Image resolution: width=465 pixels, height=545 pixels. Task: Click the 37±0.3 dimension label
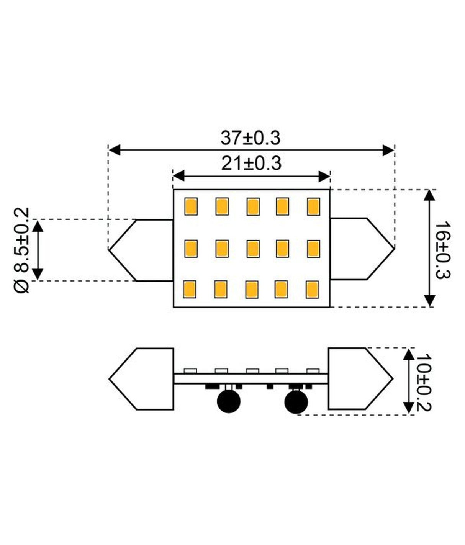pyautogui.click(x=251, y=138)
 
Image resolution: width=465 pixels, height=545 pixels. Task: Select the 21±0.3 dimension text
pyautogui.click(x=251, y=164)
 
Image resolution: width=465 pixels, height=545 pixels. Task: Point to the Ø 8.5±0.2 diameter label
pyautogui.click(x=22, y=250)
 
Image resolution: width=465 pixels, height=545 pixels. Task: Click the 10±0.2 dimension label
pyautogui.click(x=423, y=382)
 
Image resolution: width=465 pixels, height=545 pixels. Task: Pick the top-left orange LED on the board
pyautogui.click(x=191, y=206)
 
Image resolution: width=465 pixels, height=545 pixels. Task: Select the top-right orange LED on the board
pyautogui.click(x=313, y=206)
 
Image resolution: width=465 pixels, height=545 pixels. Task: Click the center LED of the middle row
pyautogui.click(x=252, y=249)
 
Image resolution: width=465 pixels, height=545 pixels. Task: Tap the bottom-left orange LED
pyautogui.click(x=190, y=289)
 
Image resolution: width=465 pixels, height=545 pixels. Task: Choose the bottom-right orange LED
pyautogui.click(x=312, y=290)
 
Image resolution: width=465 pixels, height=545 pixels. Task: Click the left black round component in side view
pyautogui.click(x=229, y=401)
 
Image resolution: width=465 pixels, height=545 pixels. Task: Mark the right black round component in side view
pyautogui.click(x=296, y=402)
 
